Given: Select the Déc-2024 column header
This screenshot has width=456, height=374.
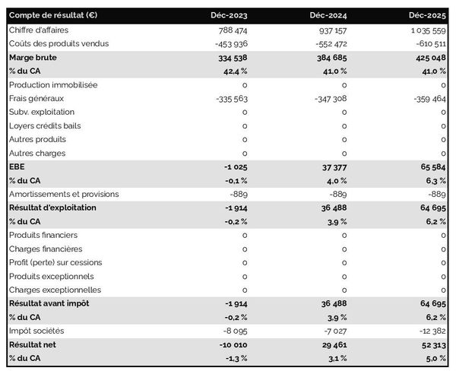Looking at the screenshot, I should pyautogui.click(x=328, y=15).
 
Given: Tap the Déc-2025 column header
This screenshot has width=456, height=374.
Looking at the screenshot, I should pyautogui.click(x=427, y=15).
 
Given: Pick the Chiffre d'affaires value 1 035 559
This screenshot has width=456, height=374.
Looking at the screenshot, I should pyautogui.click(x=421, y=30).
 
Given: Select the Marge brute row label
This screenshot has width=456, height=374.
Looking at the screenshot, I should pyautogui.click(x=33, y=57).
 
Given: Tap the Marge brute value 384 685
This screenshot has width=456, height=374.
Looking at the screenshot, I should pyautogui.click(x=328, y=57).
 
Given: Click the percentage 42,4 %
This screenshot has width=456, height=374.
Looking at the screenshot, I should pyautogui.click(x=232, y=71).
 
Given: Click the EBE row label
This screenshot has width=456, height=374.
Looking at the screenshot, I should pyautogui.click(x=17, y=166).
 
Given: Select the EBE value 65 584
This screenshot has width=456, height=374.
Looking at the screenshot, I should pyautogui.click(x=429, y=166).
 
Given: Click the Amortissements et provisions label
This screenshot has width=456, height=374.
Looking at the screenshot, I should pyautogui.click(x=64, y=194).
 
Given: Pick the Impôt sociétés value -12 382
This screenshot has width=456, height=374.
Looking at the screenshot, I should pyautogui.click(x=429, y=331).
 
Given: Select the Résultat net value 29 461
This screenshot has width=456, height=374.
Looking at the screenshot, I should pyautogui.click(x=331, y=344).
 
